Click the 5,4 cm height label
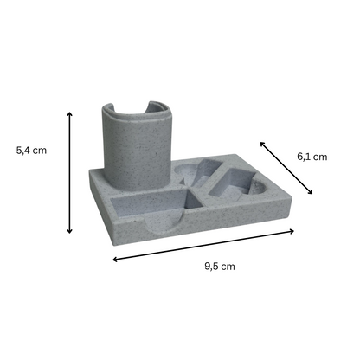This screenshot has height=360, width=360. point(31,151)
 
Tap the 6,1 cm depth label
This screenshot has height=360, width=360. point(312,157)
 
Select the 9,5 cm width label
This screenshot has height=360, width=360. point(220,267)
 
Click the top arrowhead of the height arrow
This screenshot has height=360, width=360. point(69,114)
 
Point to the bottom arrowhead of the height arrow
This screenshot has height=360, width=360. point(69,231)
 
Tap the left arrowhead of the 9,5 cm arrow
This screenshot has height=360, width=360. point(115,260)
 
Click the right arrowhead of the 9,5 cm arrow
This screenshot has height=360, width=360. point(292,231)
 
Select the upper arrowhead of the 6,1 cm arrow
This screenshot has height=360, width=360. point(262,144)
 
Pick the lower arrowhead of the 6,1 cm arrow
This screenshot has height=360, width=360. point(310,192)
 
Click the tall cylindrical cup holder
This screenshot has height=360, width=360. point(137,146)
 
